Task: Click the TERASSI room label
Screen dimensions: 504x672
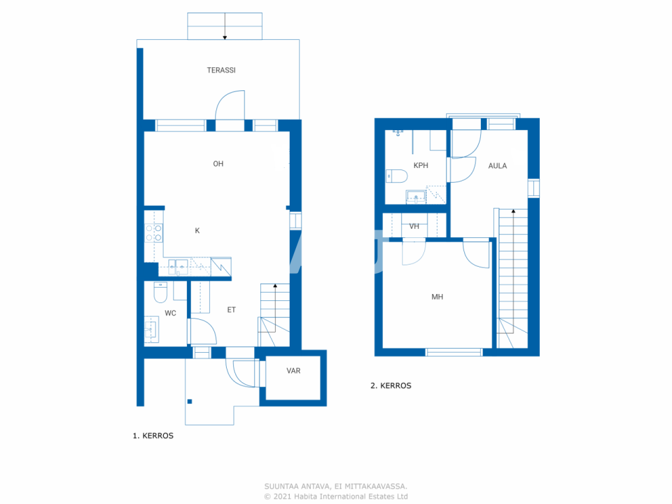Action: pyautogui.click(x=221, y=70)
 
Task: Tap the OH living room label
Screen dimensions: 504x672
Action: pyautogui.click(x=218, y=164)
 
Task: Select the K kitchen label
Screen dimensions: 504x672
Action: pyautogui.click(x=197, y=230)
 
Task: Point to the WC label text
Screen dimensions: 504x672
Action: pyautogui.click(x=170, y=313)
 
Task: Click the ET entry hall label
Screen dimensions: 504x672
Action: pyautogui.click(x=232, y=310)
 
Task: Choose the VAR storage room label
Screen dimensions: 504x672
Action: pyautogui.click(x=293, y=371)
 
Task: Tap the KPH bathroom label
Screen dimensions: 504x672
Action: pyautogui.click(x=421, y=165)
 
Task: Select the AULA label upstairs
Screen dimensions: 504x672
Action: pyautogui.click(x=497, y=166)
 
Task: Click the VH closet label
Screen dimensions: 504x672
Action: pyautogui.click(x=414, y=226)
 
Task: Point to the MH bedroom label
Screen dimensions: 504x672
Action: pyautogui.click(x=437, y=297)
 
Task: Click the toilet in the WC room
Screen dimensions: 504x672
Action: pyautogui.click(x=160, y=292)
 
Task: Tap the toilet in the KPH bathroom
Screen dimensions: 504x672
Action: pyautogui.click(x=397, y=176)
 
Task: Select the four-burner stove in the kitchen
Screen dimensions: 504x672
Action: pyautogui.click(x=154, y=233)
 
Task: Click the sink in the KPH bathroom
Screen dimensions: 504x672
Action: pyautogui.click(x=416, y=197)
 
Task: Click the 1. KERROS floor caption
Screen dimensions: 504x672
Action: pyautogui.click(x=153, y=436)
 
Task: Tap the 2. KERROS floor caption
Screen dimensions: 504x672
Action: pyautogui.click(x=391, y=385)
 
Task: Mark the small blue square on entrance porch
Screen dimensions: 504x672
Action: pyautogui.click(x=190, y=402)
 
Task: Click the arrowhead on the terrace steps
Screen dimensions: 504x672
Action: pyautogui.click(x=225, y=37)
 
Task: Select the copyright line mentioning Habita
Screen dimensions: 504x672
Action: pyautogui.click(x=336, y=496)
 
